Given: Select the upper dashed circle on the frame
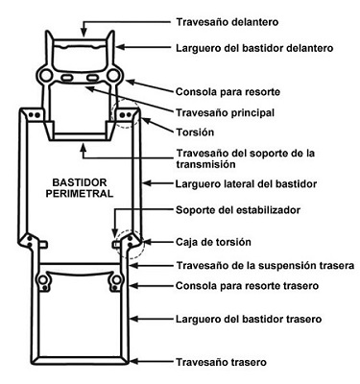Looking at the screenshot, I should tap(126, 112).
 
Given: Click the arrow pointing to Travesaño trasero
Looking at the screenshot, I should tap(150, 361).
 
